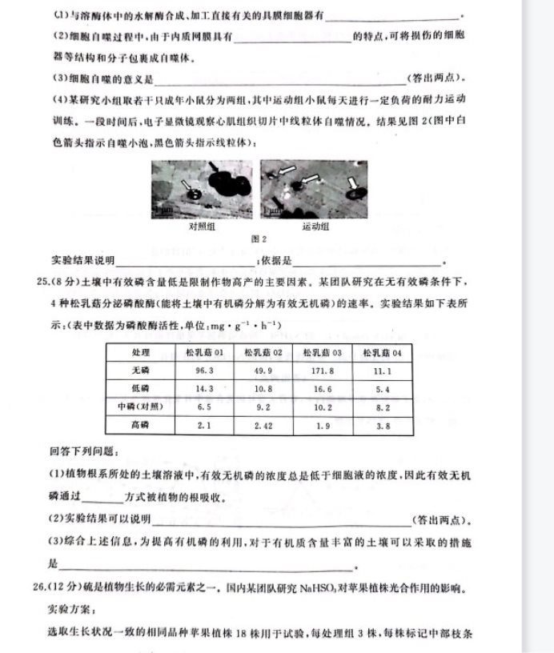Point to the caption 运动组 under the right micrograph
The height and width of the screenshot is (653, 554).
pos(316,226)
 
